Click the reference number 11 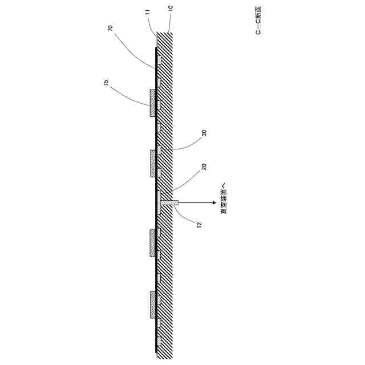click(147, 11)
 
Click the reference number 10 click(171, 9)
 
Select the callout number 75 click(106, 83)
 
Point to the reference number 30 click(204, 133)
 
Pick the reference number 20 click(204, 167)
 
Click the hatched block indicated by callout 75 click(152, 103)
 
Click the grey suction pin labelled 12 click(169, 202)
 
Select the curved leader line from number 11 click(151, 26)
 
